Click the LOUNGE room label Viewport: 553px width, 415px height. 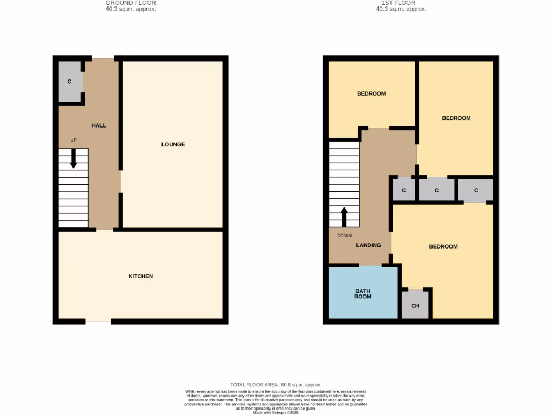click(x=173, y=144)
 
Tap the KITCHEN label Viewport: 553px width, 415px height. click(x=140, y=276)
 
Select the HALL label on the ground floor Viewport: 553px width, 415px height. click(x=99, y=125)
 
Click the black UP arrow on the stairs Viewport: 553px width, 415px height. click(x=73, y=158)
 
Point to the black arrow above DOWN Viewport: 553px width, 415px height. click(x=344, y=217)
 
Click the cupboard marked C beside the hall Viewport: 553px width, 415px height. click(x=70, y=82)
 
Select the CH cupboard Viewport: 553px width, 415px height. click(x=415, y=306)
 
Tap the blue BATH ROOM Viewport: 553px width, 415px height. click(x=363, y=293)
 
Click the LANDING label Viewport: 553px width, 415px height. click(x=368, y=245)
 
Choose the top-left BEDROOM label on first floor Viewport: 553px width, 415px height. click(x=372, y=93)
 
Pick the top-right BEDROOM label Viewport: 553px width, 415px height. click(x=456, y=118)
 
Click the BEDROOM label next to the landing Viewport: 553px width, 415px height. click(x=443, y=246)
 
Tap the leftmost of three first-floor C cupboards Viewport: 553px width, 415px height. click(x=404, y=190)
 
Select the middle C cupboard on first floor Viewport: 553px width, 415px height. click(x=436, y=190)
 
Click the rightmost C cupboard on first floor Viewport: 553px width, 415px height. click(x=476, y=190)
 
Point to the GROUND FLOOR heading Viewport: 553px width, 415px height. click(x=131, y=3)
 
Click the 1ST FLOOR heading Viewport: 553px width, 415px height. click(x=401, y=3)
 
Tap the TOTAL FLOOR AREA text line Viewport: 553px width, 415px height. click(x=276, y=385)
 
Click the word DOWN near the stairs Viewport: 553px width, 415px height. click(x=344, y=236)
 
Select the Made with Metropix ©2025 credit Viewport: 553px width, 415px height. click(x=276, y=412)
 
